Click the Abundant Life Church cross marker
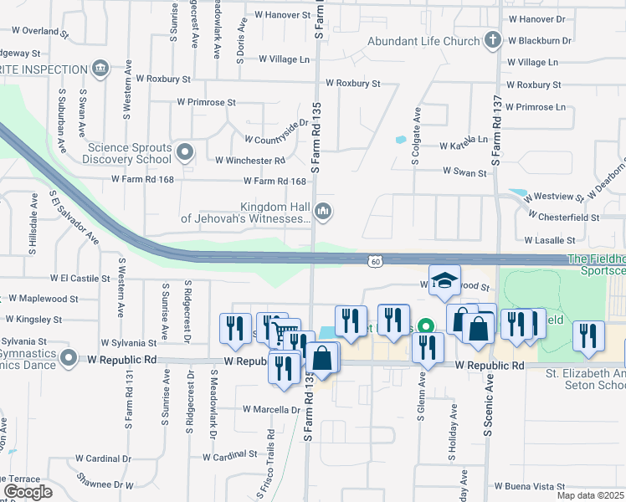pos(493,40)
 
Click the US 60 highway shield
pos(377,262)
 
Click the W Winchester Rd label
pos(250,161)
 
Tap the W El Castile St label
pos(80,278)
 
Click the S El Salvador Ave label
pos(74,222)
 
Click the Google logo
pos(28,491)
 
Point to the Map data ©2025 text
pos(591,495)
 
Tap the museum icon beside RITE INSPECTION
pos(101,67)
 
